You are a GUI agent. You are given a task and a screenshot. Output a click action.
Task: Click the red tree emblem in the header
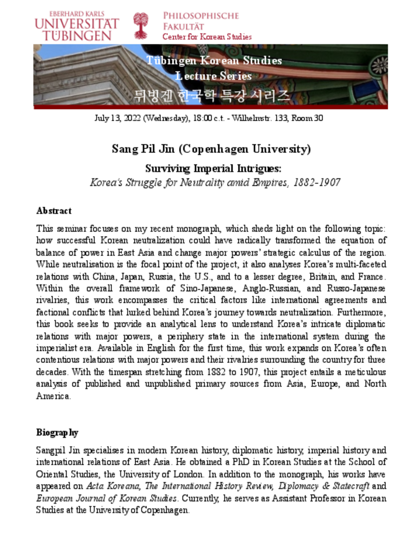pos(141,26)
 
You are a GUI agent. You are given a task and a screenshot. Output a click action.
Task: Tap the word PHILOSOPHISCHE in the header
pos(201,16)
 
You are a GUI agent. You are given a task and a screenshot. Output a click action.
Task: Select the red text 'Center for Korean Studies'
pos(207,37)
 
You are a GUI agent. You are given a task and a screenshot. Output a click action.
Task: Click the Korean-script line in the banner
pos(211,96)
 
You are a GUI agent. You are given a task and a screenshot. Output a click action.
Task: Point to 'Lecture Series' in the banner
pos(213,76)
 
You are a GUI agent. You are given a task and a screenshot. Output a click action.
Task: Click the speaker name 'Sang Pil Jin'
pos(143,149)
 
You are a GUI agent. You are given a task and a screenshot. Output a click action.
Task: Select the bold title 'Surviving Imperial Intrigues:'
pos(213,169)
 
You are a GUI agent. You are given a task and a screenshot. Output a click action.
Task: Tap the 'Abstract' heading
pos(54,211)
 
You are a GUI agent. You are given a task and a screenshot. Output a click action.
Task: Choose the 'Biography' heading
pos(57,432)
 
